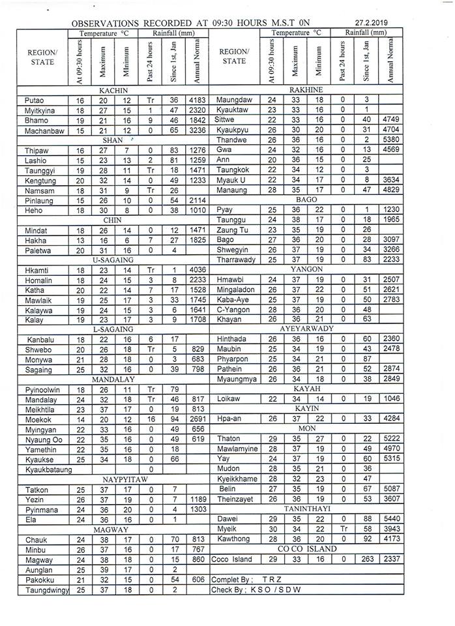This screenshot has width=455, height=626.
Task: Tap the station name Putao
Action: [x=32, y=100]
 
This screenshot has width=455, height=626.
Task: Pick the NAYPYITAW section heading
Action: [x=113, y=479]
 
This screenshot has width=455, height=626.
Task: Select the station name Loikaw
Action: [x=229, y=398]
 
